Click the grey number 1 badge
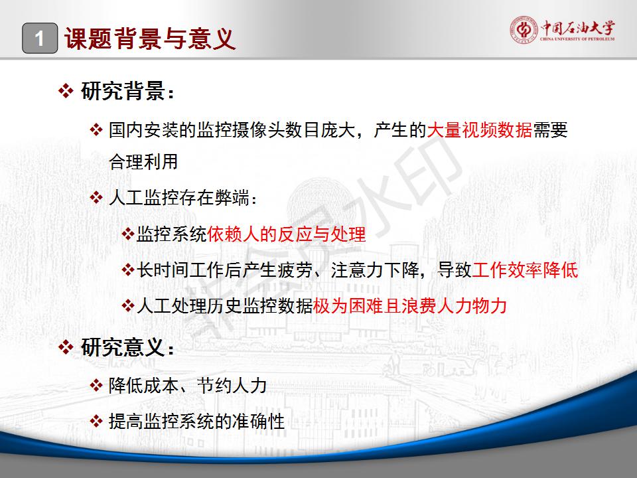pyautogui.click(x=40, y=39)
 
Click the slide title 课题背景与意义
pyautogui.click(x=150, y=39)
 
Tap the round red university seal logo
pyautogui.click(x=524, y=30)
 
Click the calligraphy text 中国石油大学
pyautogui.click(x=577, y=27)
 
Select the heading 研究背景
pyautogui.click(x=123, y=91)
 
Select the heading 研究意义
pyautogui.click(x=123, y=347)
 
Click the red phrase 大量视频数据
pyautogui.click(x=479, y=130)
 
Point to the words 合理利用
pyautogui.click(x=143, y=161)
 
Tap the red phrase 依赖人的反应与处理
pyautogui.click(x=287, y=234)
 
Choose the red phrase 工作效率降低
pyautogui.click(x=525, y=270)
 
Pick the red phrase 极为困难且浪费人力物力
pyautogui.click(x=410, y=305)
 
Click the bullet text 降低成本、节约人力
pyautogui.click(x=188, y=385)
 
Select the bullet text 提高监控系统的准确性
pyautogui.click(x=196, y=421)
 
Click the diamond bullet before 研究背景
pyautogui.click(x=66, y=91)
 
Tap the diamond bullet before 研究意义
pyautogui.click(x=66, y=347)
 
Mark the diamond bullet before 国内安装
pyautogui.click(x=96, y=130)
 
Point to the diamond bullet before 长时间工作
pyautogui.click(x=128, y=270)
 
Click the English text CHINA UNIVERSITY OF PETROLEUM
pyautogui.click(x=577, y=39)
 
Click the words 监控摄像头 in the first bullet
pyautogui.click(x=241, y=130)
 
